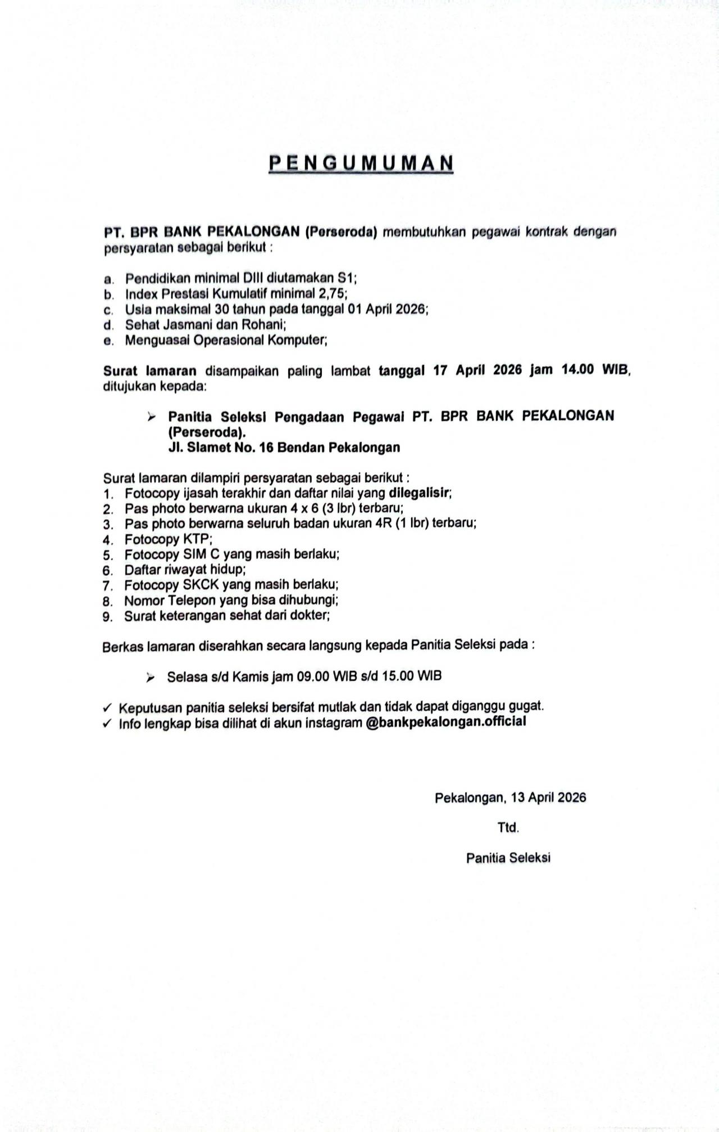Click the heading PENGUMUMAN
pyautogui.click(x=361, y=163)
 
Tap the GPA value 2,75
pyautogui.click(x=334, y=293)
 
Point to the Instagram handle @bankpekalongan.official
pyautogui.click(x=445, y=722)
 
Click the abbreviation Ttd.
pyautogui.click(x=508, y=828)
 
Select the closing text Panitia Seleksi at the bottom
pyautogui.click(x=508, y=858)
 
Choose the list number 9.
pyautogui.click(x=107, y=616)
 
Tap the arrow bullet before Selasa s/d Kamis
pyautogui.click(x=151, y=678)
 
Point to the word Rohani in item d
pyautogui.click(x=267, y=324)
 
